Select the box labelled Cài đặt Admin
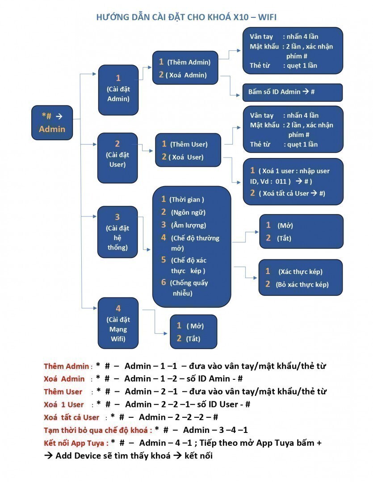click(118, 89)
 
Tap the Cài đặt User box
click(117, 154)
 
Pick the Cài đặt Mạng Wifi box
click(118, 324)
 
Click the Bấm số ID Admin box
click(292, 92)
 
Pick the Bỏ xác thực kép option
click(302, 284)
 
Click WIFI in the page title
click(266, 17)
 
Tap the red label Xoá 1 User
click(64, 404)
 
